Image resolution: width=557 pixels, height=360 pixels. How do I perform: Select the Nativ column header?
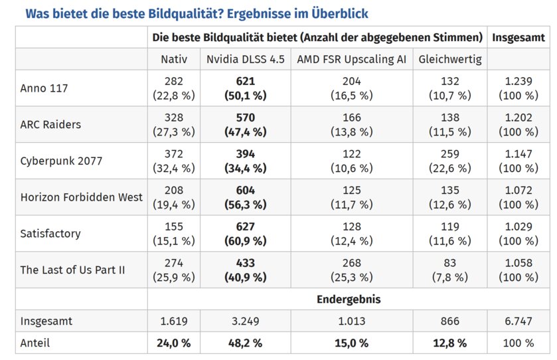tap(174, 59)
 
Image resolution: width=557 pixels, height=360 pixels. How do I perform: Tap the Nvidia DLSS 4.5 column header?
tap(245, 59)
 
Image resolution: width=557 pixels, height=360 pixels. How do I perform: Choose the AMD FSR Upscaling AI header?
tap(351, 59)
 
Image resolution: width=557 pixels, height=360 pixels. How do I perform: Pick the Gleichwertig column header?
tap(450, 59)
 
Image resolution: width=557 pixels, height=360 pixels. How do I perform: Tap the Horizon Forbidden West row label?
tap(82, 197)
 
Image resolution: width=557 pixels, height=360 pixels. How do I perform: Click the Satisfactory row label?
tap(50, 233)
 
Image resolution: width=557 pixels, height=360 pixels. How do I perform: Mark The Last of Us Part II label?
tap(72, 270)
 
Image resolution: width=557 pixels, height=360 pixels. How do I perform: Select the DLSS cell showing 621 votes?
tap(245, 88)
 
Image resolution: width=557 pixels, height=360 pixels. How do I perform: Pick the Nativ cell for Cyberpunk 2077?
tap(174, 161)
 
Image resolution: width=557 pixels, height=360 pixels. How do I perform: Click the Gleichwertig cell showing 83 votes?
tap(450, 270)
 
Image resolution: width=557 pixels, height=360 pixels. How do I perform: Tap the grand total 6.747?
tap(518, 321)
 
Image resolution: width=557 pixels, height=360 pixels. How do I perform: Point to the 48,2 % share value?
tap(245, 343)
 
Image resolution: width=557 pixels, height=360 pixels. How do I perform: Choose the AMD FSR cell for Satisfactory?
tap(351, 233)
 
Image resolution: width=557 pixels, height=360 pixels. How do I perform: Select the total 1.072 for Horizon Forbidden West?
tap(518, 197)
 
